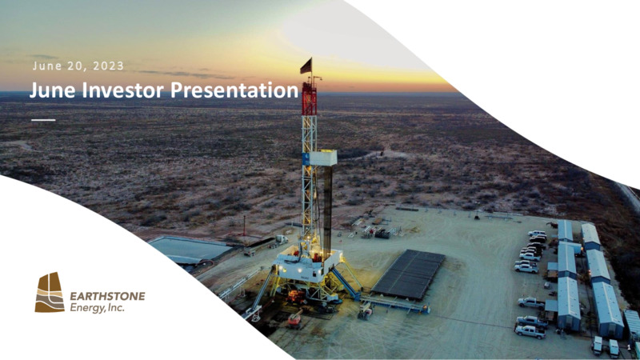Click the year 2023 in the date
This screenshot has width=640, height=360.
[x=108, y=66]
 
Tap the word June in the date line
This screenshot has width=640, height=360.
[x=46, y=66]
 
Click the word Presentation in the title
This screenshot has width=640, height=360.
[x=234, y=90]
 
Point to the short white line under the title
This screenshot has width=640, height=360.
[x=43, y=120]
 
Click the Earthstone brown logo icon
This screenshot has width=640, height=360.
[x=50, y=292]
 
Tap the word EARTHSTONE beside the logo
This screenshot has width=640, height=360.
[x=107, y=296]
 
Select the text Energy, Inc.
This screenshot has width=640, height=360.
[x=97, y=308]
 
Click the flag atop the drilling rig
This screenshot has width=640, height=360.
[x=306, y=66]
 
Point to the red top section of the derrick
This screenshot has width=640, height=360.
[x=309, y=97]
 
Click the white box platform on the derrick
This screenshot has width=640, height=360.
[x=322, y=158]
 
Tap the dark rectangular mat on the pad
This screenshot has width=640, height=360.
[x=409, y=274]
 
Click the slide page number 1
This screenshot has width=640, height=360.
[x=629, y=347]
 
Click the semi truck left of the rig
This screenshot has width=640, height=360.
[x=266, y=245]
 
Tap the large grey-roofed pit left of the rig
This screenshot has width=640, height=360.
[x=190, y=250]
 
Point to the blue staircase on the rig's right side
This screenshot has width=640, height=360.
[x=346, y=282]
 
